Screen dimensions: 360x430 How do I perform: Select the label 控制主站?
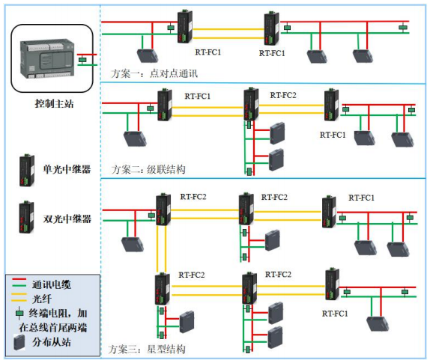point(51,103)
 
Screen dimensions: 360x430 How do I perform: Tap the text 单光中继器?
point(67,170)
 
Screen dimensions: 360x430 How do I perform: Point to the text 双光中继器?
point(67,219)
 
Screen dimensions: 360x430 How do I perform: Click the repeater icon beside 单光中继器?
point(25,170)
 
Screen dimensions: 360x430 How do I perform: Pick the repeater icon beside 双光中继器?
point(25,218)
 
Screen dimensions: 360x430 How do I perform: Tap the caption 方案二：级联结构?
point(148,169)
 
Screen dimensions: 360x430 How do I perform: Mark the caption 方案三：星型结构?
point(148,350)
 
